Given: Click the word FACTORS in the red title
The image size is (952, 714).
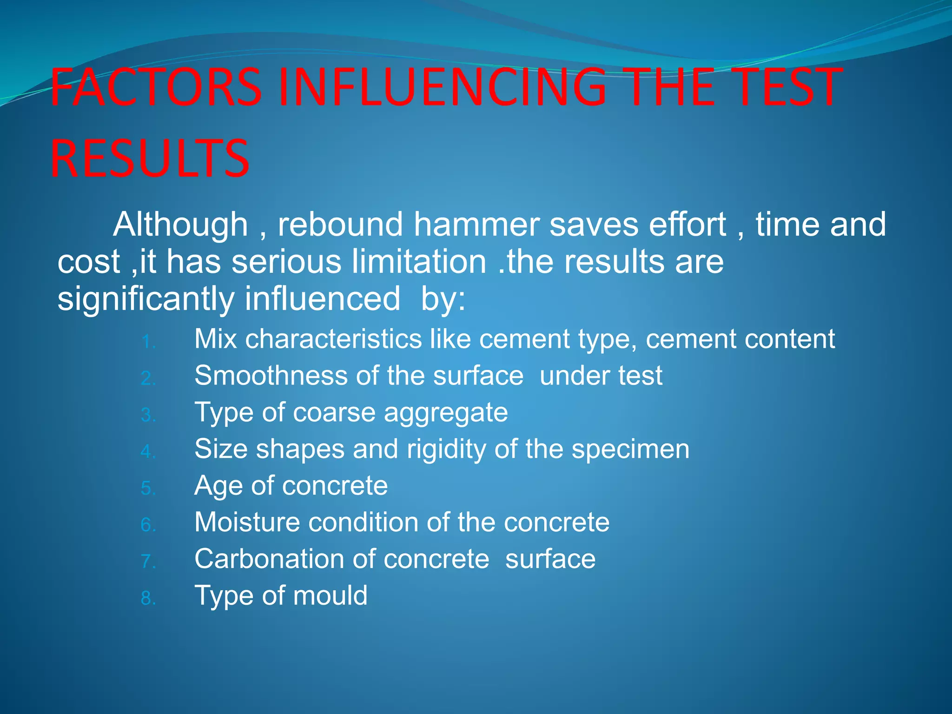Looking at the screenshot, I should pyautogui.click(x=156, y=87).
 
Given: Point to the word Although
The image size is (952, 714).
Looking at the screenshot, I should pyautogui.click(x=180, y=225).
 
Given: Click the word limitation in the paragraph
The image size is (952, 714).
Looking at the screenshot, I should pyautogui.click(x=419, y=262).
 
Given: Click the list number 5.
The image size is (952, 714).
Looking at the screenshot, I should pyautogui.click(x=148, y=489).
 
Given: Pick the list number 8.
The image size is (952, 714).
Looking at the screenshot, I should pyautogui.click(x=148, y=599).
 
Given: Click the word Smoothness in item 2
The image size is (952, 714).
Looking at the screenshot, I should pyautogui.click(x=271, y=376).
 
